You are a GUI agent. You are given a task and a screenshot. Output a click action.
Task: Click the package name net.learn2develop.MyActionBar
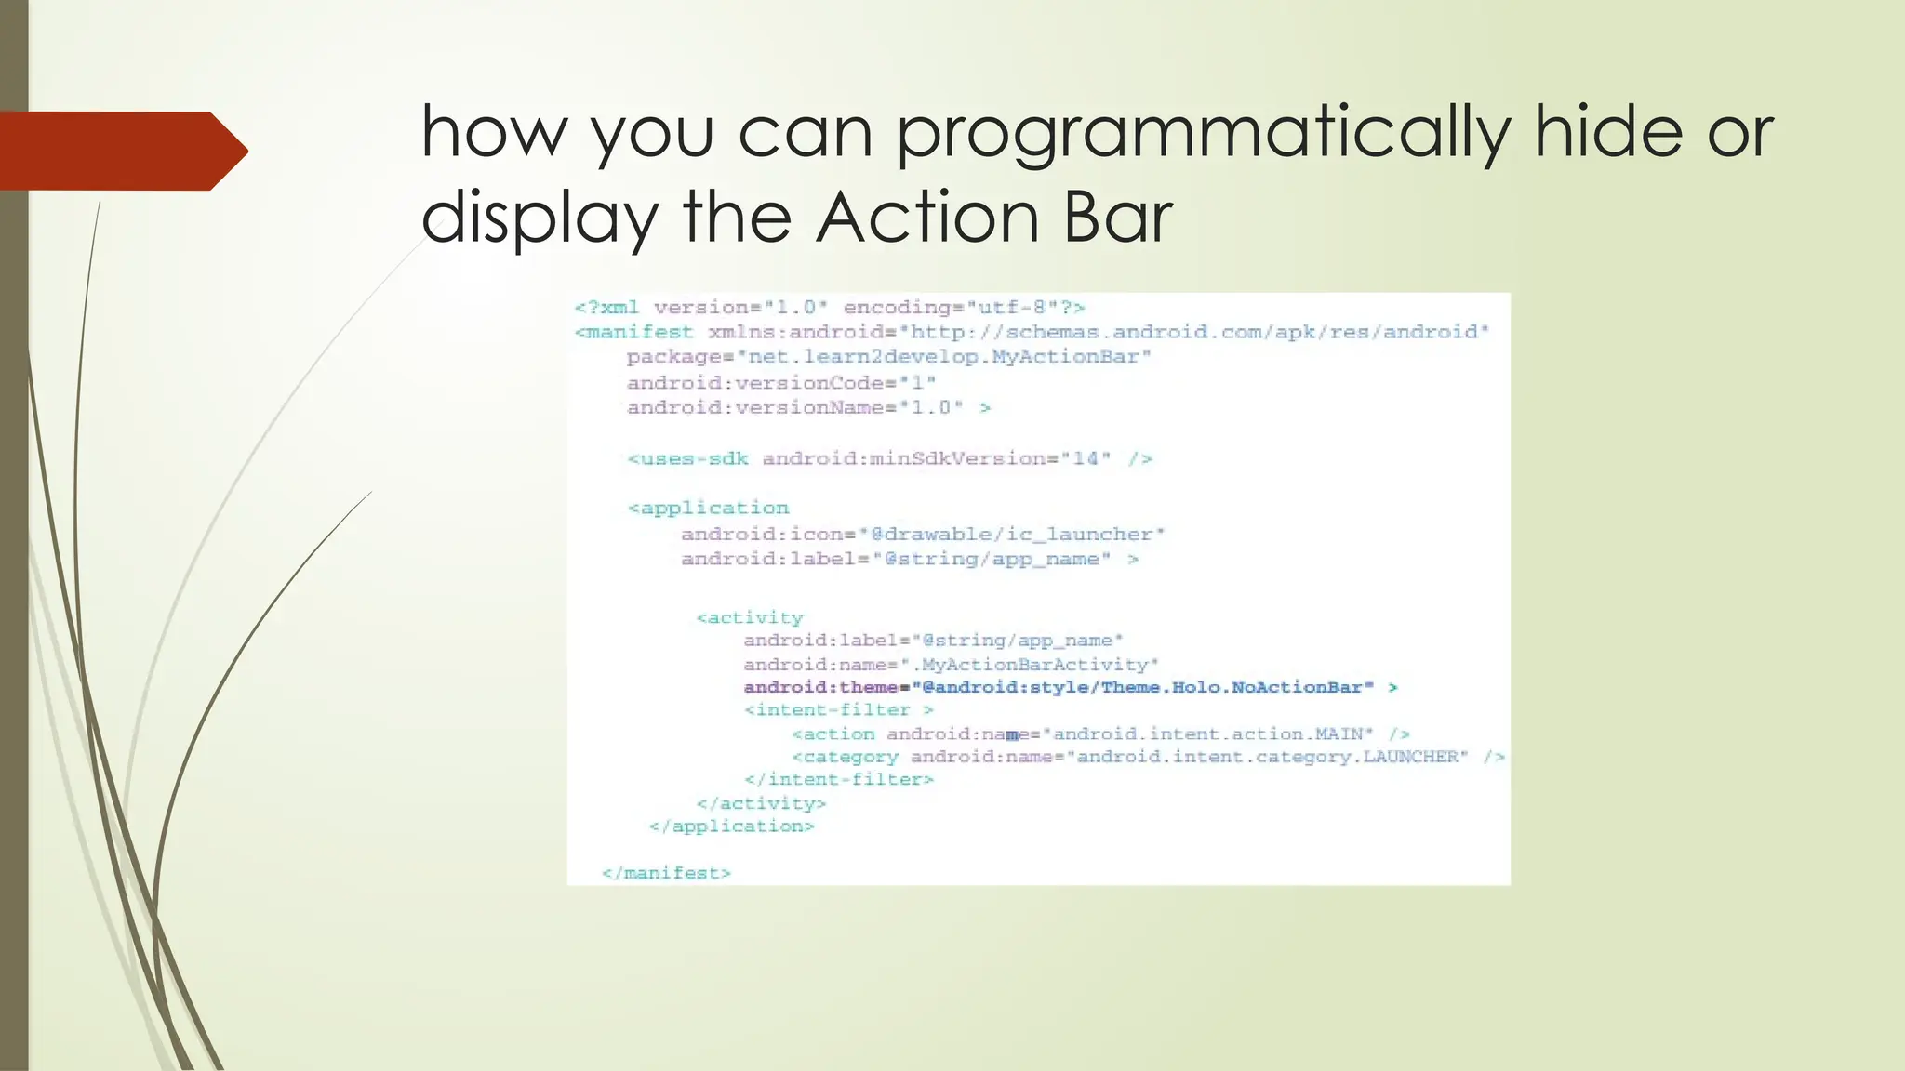949,357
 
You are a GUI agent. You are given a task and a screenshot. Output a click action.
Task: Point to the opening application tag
709,509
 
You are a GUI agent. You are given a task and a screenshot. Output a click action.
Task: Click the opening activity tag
750,618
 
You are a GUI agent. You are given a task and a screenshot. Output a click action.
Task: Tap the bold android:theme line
1070,688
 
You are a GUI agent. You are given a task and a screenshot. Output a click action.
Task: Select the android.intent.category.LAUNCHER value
1266,757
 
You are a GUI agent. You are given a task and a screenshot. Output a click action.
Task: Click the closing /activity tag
761,803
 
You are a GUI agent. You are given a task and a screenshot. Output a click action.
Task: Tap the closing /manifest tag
666,873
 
